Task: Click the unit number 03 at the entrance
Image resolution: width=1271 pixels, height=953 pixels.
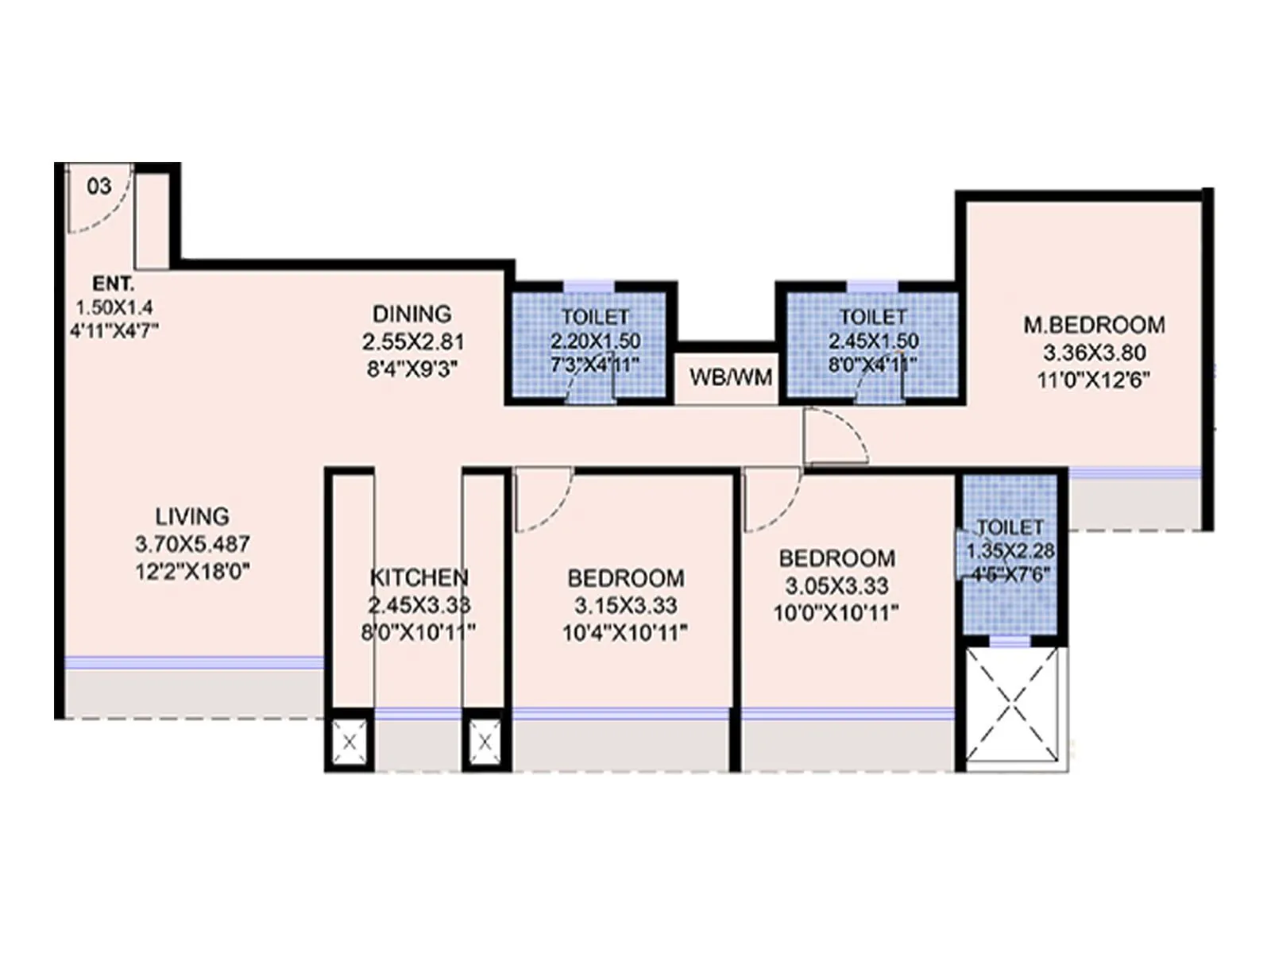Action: coord(99,187)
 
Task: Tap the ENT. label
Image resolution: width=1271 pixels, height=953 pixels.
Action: coord(114,284)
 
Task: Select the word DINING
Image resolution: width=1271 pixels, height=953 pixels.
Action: coord(411,314)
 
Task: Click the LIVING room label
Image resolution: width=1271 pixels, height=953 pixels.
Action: coord(192,516)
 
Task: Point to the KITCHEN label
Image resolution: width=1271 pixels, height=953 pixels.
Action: coord(419,577)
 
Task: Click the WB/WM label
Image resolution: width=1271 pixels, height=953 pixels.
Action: coord(731,377)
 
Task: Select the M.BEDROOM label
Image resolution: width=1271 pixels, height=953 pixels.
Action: coord(1094,325)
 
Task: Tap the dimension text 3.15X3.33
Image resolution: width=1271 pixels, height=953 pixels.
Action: coord(626,606)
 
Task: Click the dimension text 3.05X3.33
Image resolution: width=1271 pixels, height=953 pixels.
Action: coord(836,586)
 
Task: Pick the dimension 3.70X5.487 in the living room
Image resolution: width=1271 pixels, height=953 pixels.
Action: coord(192,544)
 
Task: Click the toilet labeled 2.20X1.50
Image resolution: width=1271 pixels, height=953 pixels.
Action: coord(595,341)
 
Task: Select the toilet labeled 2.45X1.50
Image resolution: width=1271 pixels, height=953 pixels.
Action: coord(873,341)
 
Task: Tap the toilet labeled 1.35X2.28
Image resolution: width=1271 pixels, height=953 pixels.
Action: coord(1010,550)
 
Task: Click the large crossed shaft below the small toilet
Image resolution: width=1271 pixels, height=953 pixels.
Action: coord(1010,704)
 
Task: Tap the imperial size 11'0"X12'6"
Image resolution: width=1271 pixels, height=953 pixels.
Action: coord(1094,380)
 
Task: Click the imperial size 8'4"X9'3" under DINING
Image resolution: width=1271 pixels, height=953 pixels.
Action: coord(411,369)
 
